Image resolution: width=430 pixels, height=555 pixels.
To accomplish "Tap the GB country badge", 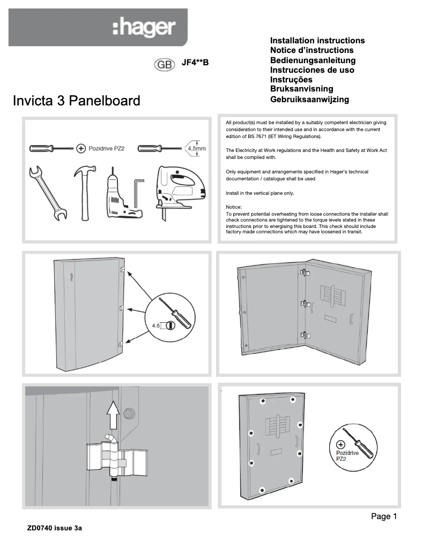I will pos(164,64).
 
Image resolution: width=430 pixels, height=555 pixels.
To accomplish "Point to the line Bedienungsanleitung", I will pos(313,60).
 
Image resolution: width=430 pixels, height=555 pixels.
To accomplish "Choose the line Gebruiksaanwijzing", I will pos(309,99).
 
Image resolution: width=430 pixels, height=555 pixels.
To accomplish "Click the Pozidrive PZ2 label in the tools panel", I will pos(107,148).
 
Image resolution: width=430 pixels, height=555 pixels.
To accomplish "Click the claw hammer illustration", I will pos(83,192).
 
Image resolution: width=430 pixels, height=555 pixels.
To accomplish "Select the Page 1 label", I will pos(384,516).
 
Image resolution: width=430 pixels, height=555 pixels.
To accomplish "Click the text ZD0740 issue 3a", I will pos(55,528).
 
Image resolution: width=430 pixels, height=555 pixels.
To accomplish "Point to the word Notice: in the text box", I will pos(234,207).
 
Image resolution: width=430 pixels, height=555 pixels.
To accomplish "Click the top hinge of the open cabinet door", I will pos(305,272).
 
